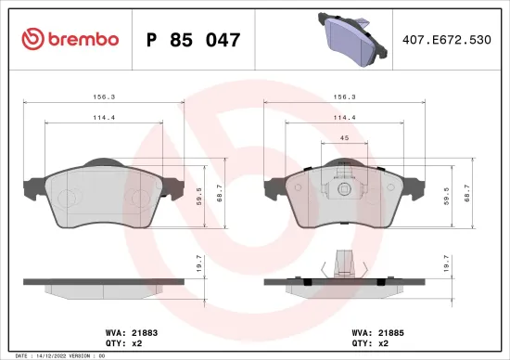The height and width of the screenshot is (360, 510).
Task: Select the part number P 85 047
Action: pyautogui.click(x=194, y=39)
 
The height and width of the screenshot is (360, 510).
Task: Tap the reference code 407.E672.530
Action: pyautogui.click(x=447, y=39)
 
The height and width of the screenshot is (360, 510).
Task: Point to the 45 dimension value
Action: pyautogui.click(x=344, y=138)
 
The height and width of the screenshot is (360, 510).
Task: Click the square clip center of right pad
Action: pyautogui.click(x=344, y=189)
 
